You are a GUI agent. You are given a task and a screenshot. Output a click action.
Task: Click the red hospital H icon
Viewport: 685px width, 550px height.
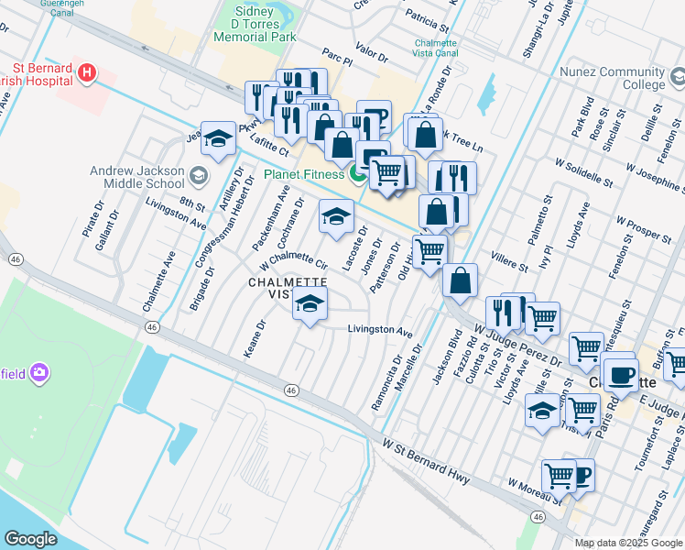click(86, 71)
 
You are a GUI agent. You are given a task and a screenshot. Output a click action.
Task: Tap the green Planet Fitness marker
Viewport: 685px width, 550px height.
click(358, 173)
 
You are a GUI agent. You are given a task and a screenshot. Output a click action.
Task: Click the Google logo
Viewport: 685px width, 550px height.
click(30, 539)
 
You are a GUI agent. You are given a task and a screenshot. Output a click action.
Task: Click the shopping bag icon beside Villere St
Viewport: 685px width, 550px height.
click(460, 280)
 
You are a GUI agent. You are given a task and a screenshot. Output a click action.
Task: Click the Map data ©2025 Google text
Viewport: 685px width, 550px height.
click(628, 543)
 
